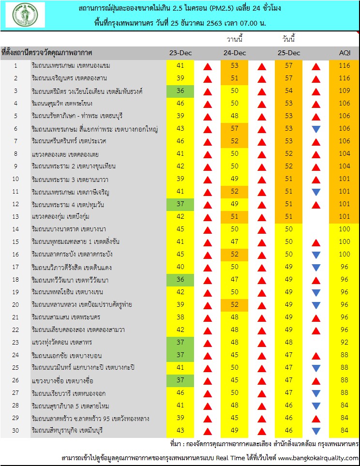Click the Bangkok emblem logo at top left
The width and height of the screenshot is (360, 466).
[26, 15]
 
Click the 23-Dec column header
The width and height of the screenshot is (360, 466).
[180, 52]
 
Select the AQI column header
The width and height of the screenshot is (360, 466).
[344, 52]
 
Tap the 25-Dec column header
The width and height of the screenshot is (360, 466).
[289, 52]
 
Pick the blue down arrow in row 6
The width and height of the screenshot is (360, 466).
[316, 129]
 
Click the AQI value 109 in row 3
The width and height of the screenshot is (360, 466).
[344, 90]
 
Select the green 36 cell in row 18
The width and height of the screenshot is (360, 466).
[180, 279]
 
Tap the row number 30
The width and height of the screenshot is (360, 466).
[15, 430]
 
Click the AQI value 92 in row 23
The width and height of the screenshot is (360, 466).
[344, 342]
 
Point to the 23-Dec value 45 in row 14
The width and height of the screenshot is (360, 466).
[180, 229]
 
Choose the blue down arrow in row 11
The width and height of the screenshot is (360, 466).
[316, 192]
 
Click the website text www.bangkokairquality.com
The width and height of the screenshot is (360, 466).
[318, 458]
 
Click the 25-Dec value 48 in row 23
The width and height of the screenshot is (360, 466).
[289, 342]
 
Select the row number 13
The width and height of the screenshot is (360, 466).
[15, 216]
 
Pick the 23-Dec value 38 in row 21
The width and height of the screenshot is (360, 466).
[180, 317]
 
